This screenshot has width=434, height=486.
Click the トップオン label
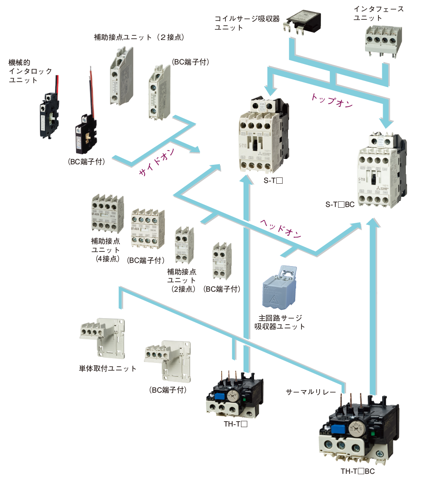pos(332,100)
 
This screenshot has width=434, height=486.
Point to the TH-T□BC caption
pos(357,471)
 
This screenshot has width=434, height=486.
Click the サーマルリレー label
pos(311,392)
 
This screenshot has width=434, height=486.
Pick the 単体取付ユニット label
pos(108,368)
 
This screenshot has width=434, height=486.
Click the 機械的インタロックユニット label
pos(25,71)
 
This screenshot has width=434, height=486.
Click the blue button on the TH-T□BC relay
pos(337,428)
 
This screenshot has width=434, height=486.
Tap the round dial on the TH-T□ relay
pos(233,395)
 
